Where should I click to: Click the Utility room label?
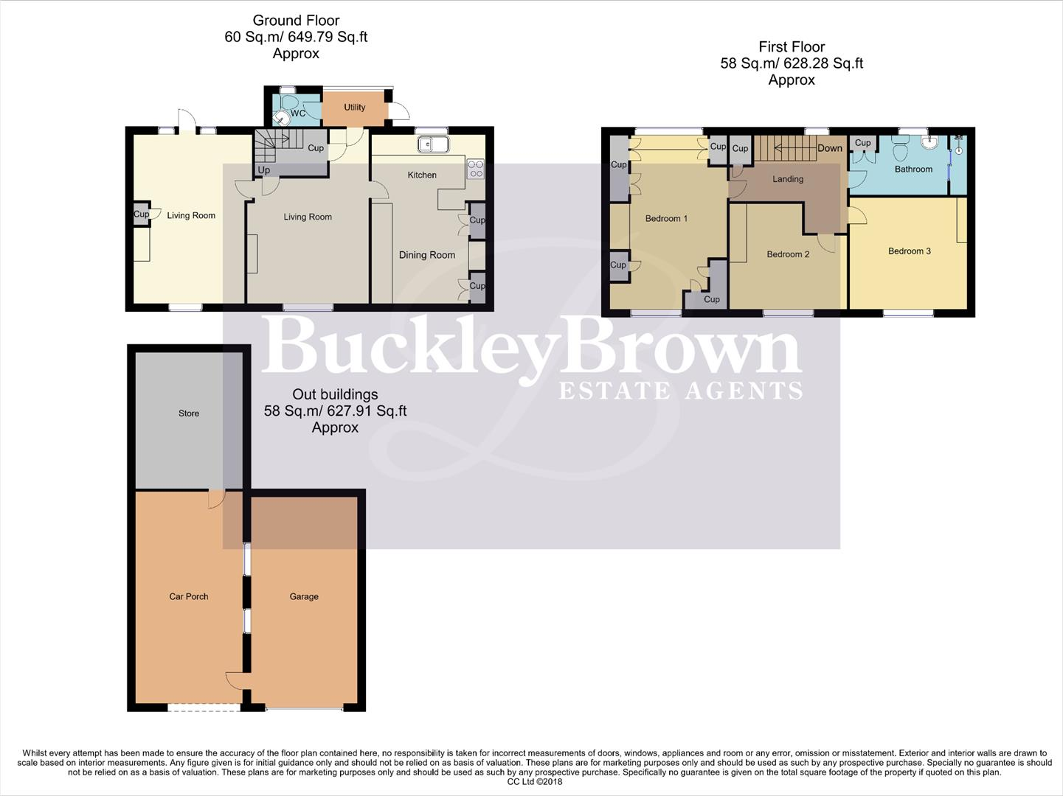[354, 108]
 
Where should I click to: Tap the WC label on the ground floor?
[298, 114]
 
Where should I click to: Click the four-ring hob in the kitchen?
[476, 169]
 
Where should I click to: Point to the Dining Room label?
[426, 255]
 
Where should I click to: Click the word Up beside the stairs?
[263, 170]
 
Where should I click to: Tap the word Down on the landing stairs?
[829, 148]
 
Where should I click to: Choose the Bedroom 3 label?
[909, 251]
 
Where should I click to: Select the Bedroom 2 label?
[787, 254]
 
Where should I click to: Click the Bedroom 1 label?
[665, 219]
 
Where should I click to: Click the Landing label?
[787, 179]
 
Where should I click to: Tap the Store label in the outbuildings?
[189, 413]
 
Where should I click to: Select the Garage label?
[303, 597]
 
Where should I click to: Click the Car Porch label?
[189, 597]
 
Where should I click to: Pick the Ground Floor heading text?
[296, 21]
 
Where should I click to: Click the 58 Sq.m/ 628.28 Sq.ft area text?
[791, 63]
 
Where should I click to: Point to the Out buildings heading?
[335, 394]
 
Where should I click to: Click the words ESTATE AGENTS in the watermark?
[680, 391]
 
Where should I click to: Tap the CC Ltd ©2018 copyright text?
[534, 782]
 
